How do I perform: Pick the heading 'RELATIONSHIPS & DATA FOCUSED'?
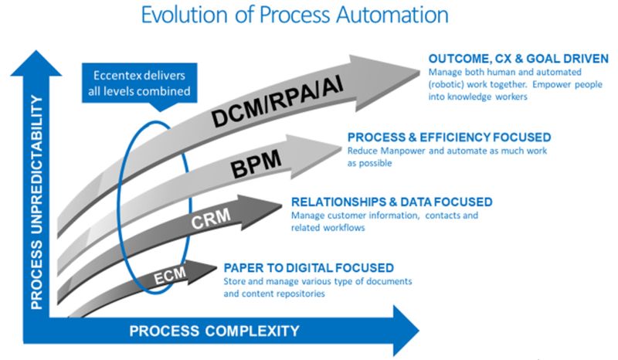[392, 202]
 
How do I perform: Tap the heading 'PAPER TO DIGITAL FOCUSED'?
[308, 267]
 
